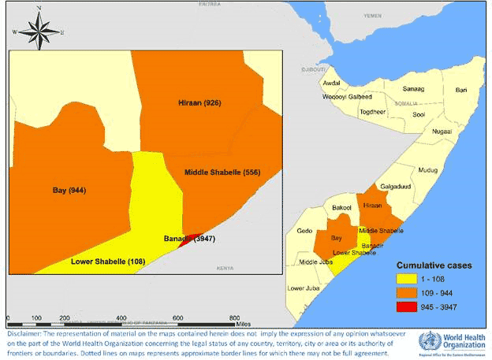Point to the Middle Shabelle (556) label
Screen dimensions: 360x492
click(222, 172)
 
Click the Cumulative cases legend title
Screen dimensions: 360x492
click(434, 265)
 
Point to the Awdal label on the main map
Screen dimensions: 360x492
click(332, 83)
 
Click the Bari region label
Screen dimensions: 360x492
click(461, 90)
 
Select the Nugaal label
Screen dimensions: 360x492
click(442, 132)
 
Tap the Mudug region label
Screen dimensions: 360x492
click(427, 169)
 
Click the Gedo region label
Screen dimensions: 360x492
click(304, 232)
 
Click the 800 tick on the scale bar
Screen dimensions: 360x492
click(234, 319)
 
